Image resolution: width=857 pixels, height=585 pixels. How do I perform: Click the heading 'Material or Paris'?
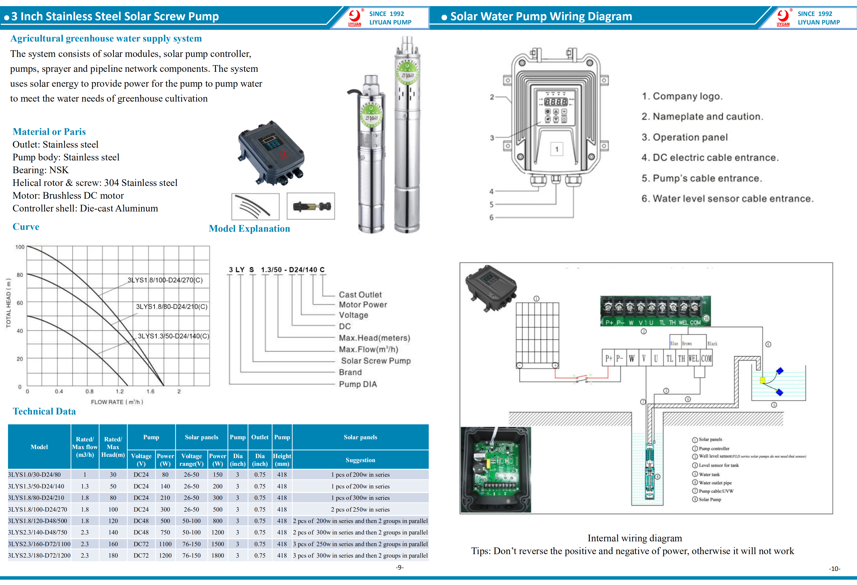point(49,132)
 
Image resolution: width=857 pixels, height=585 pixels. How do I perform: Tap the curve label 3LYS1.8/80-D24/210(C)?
point(171,307)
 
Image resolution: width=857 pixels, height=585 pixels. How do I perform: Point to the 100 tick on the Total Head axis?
point(20,247)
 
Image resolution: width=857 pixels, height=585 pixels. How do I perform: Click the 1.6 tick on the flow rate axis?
point(150,392)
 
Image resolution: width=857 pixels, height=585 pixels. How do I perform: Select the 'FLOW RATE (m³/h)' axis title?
point(117,402)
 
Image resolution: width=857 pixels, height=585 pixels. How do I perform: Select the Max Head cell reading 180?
point(113,555)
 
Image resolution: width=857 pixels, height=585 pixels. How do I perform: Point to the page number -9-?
point(399,567)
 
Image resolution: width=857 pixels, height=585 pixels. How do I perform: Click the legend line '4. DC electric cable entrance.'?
point(710,158)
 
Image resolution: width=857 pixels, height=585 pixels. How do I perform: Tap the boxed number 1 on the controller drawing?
point(557,149)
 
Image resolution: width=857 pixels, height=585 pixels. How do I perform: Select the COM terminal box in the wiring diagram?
point(706,359)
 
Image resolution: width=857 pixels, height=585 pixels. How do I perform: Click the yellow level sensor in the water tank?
point(763,380)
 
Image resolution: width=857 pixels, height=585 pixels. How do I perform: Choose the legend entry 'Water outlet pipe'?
point(715,483)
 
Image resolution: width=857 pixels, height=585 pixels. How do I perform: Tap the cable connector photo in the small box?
point(311,206)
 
